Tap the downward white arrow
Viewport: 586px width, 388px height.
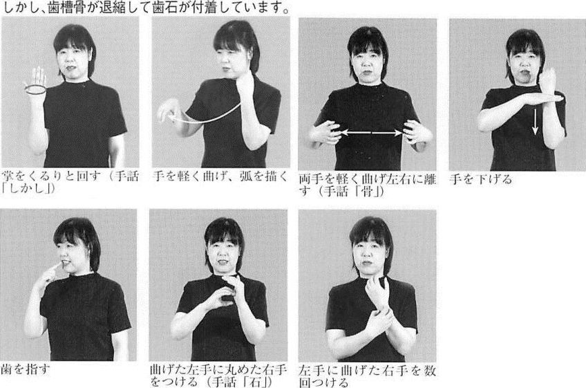point(535,122)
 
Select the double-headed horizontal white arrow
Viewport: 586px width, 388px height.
point(371,133)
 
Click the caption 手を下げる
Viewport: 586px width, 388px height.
point(480,179)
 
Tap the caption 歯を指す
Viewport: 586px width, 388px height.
point(26,369)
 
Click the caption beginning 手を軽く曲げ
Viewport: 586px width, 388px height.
point(221,176)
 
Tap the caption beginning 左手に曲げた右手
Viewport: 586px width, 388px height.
point(368,377)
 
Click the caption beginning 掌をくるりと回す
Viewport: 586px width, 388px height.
point(70,182)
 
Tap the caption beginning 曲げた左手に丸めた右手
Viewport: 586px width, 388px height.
point(218,376)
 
